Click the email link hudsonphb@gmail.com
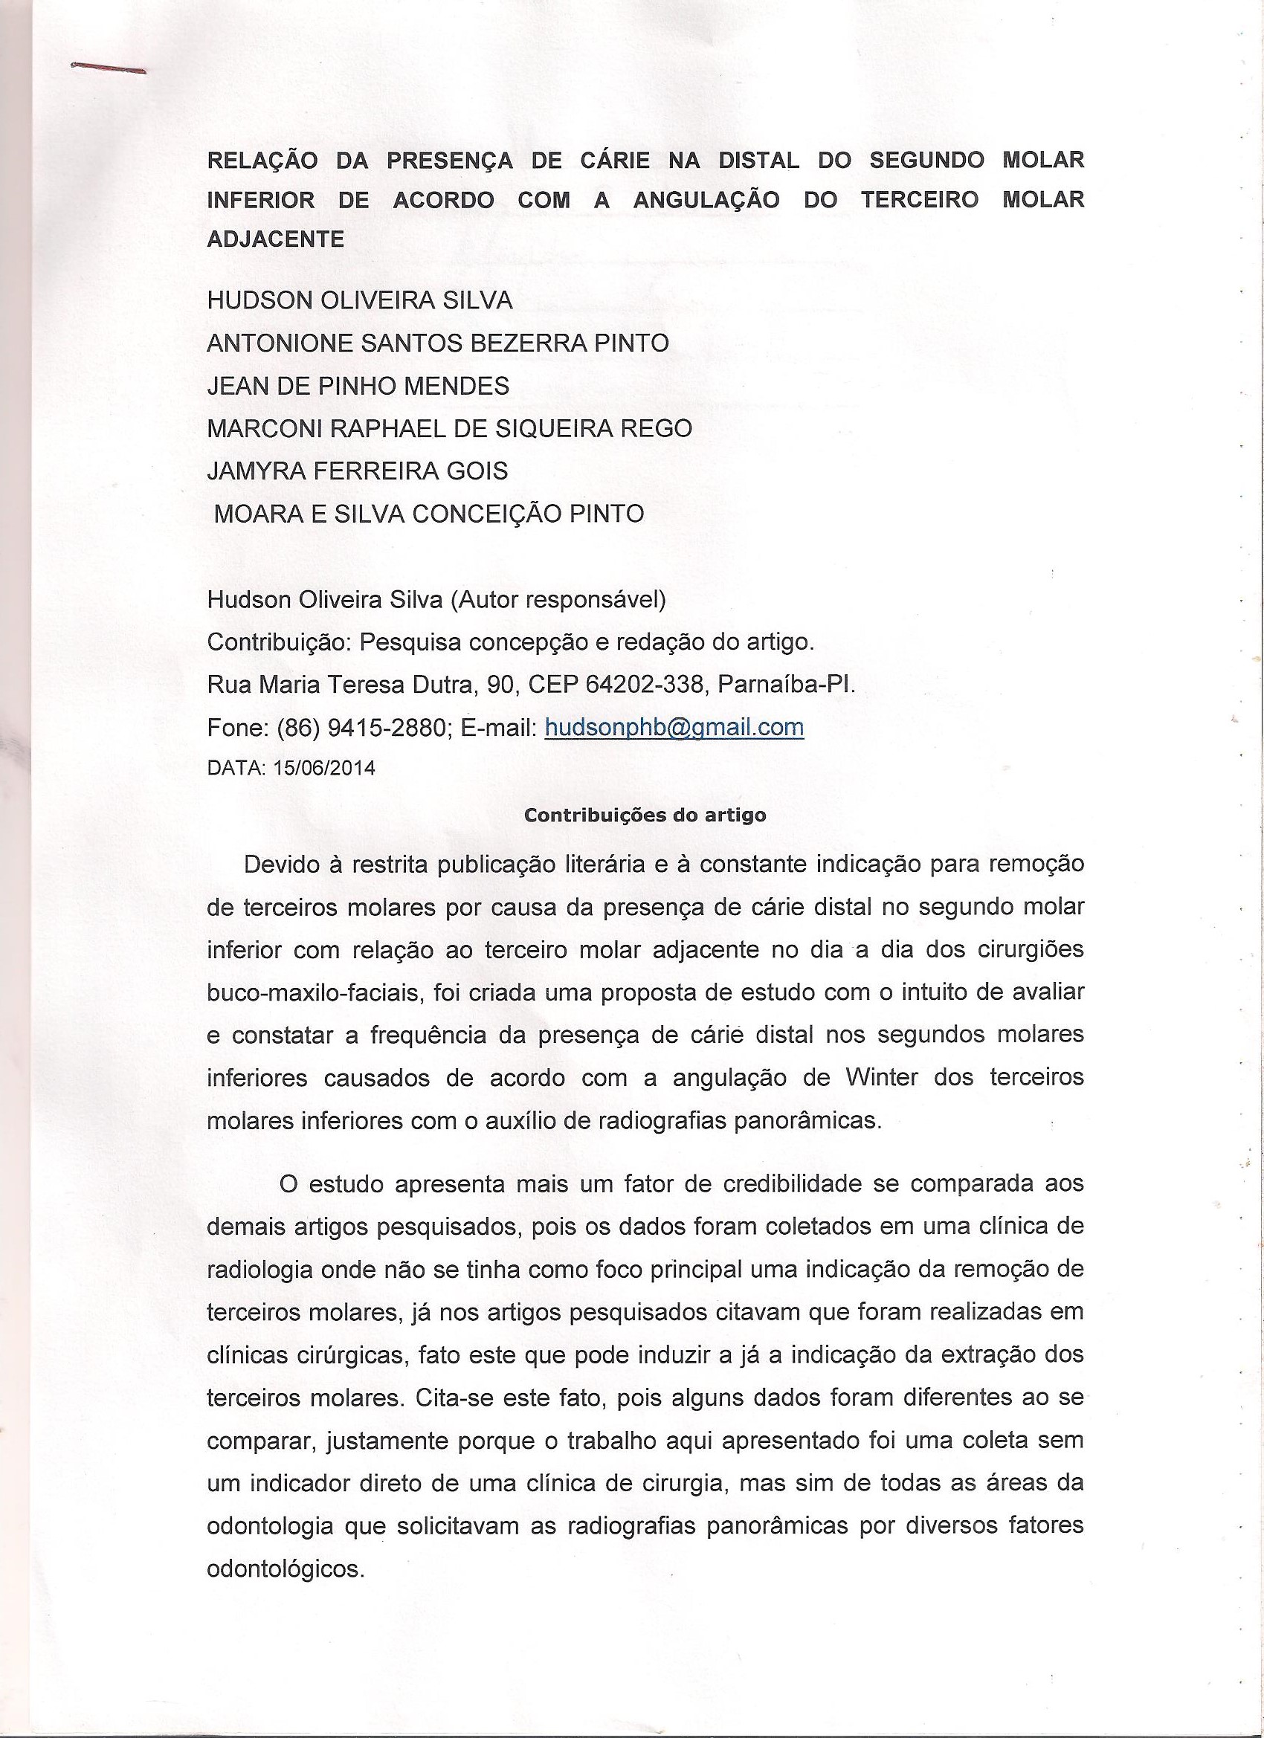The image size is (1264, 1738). pyautogui.click(x=674, y=727)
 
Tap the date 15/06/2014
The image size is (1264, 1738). pyautogui.click(x=324, y=769)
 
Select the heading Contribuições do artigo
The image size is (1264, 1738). pyautogui.click(x=645, y=815)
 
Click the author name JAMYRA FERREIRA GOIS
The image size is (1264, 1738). pyautogui.click(x=357, y=471)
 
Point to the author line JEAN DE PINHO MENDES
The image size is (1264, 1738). pyautogui.click(x=358, y=386)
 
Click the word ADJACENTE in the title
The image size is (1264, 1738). pyautogui.click(x=275, y=239)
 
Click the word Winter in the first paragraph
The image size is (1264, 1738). pyautogui.click(x=882, y=1077)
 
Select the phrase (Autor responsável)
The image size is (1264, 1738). pyautogui.click(x=557, y=599)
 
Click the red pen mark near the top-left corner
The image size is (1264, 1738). pyautogui.click(x=107, y=69)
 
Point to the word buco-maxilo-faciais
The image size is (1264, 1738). pyautogui.click(x=313, y=992)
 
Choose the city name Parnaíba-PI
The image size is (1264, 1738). pyautogui.click(x=786, y=685)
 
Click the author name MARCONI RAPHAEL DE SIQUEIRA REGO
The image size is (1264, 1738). pyautogui.click(x=449, y=427)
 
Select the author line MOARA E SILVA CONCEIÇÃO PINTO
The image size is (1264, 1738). pyautogui.click(x=428, y=514)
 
